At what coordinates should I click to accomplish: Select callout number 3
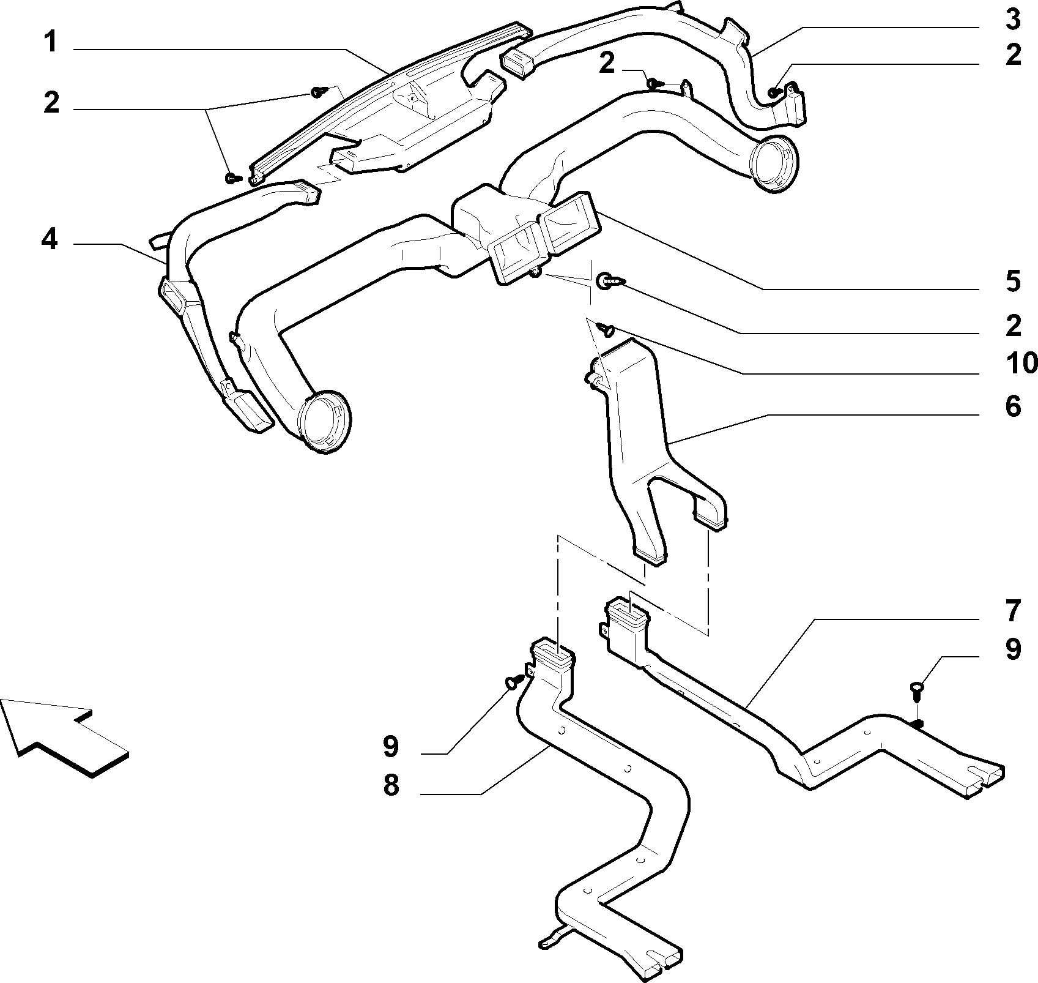pyautogui.click(x=1013, y=20)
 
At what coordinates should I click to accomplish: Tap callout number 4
pyautogui.click(x=50, y=239)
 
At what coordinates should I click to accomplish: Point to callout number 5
pyautogui.click(x=1013, y=282)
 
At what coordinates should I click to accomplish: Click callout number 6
pyautogui.click(x=1013, y=406)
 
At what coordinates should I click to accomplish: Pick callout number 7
pyautogui.click(x=1013, y=611)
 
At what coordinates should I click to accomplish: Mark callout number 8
pyautogui.click(x=391, y=785)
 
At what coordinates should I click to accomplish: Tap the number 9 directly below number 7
pyautogui.click(x=1013, y=649)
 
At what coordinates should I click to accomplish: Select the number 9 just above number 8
pyautogui.click(x=391, y=746)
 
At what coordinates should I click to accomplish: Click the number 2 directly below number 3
pyautogui.click(x=1013, y=56)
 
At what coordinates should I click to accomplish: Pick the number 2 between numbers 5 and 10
pyautogui.click(x=1013, y=326)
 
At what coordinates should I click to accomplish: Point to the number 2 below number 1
pyautogui.click(x=51, y=103)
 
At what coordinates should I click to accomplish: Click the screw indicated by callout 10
pyautogui.click(x=607, y=331)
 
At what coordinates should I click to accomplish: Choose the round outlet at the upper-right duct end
pyautogui.click(x=775, y=163)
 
